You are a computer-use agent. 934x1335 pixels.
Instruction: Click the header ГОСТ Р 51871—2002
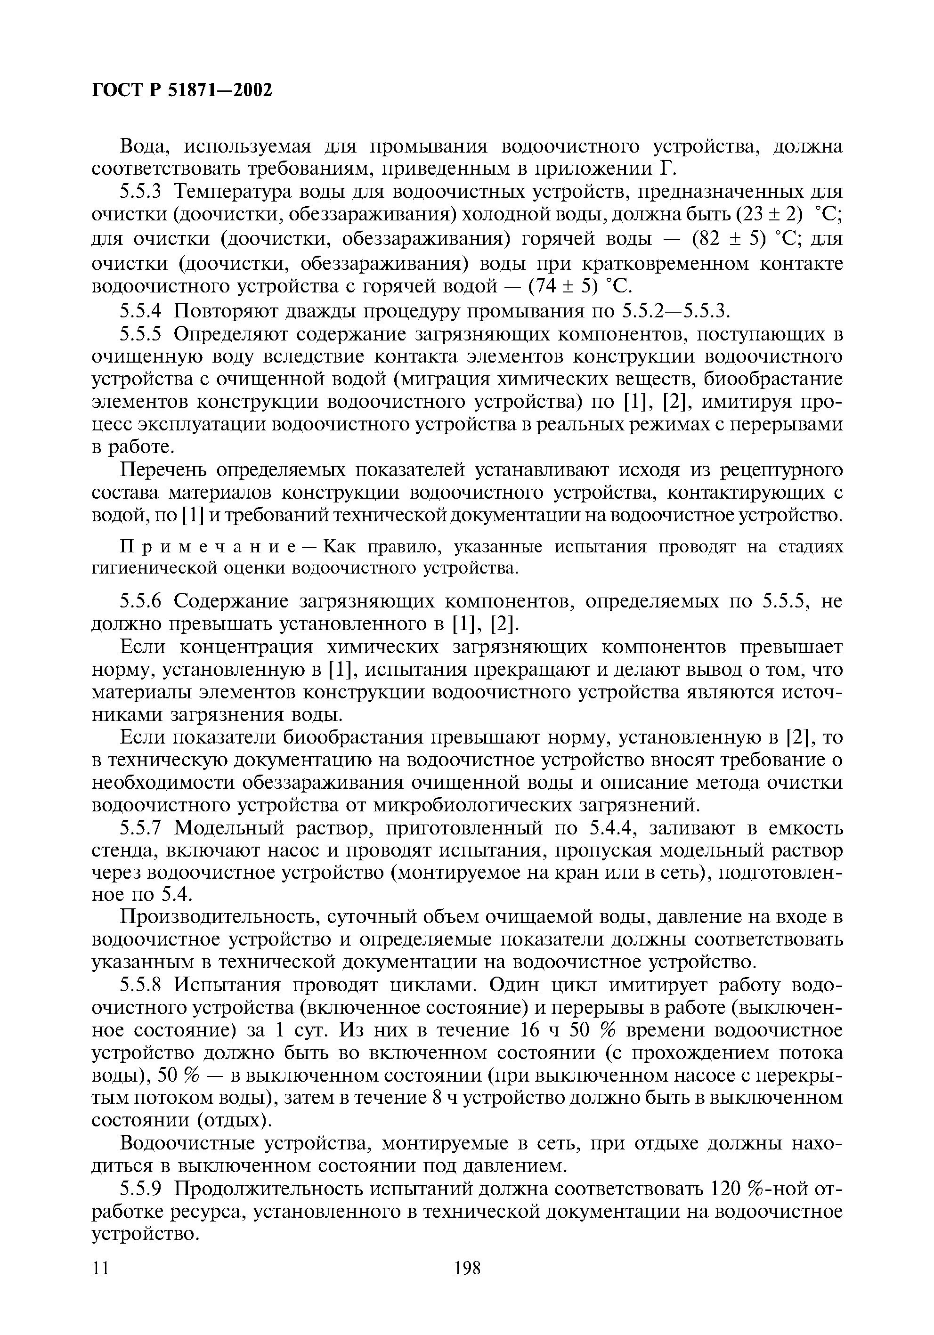pyautogui.click(x=182, y=89)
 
